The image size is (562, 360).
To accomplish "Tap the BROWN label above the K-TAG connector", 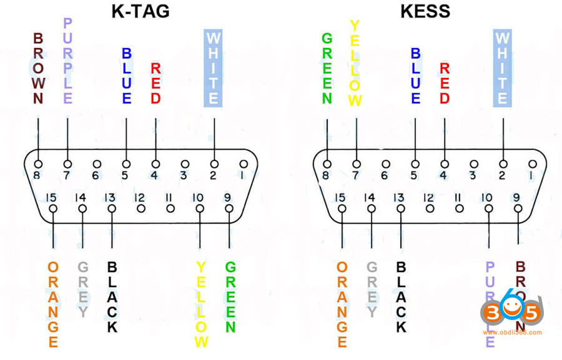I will (x=37, y=69).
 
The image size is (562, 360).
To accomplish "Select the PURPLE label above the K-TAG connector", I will (x=67, y=61).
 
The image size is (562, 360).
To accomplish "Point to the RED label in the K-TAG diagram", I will (x=156, y=83).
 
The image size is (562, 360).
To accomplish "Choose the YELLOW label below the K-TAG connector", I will (x=200, y=304).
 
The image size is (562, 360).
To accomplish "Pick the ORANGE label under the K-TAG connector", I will (x=53, y=304).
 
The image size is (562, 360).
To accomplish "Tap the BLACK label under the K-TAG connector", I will (x=112, y=296).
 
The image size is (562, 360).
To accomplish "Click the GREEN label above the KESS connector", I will (x=327, y=69).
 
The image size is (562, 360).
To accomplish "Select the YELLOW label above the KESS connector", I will (x=355, y=63).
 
